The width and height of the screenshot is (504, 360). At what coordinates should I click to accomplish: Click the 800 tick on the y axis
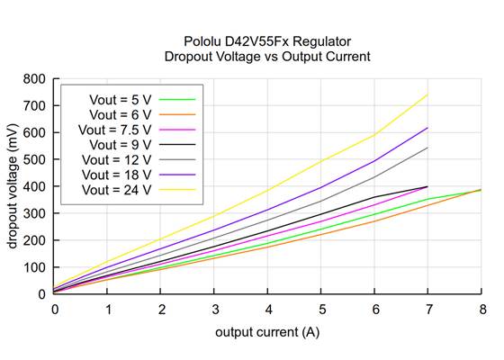coord(35,78)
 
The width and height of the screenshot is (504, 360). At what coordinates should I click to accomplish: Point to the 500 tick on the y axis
coord(35,159)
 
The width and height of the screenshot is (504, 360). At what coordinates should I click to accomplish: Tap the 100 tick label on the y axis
coord(35,267)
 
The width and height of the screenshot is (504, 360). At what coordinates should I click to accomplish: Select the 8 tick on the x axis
coord(482,309)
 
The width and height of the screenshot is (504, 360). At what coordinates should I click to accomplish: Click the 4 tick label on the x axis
coord(268,309)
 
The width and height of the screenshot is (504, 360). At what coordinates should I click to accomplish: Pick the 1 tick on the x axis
coord(108,309)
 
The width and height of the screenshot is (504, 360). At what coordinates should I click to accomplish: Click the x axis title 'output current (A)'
coord(267,332)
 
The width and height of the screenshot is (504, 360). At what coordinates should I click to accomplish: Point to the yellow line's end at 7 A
coord(428,94)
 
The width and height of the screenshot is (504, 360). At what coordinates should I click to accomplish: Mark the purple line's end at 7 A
coord(428,128)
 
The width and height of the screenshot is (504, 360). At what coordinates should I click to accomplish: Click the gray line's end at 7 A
coord(428,148)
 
